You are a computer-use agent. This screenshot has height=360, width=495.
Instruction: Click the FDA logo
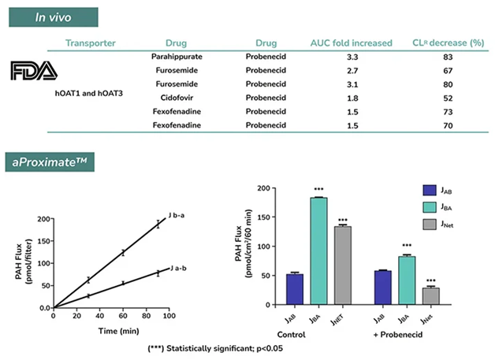[x=34, y=72]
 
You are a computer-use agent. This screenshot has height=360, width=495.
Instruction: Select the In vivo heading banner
[x=53, y=17]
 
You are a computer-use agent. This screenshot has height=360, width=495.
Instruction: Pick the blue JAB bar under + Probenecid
[x=381, y=287]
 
